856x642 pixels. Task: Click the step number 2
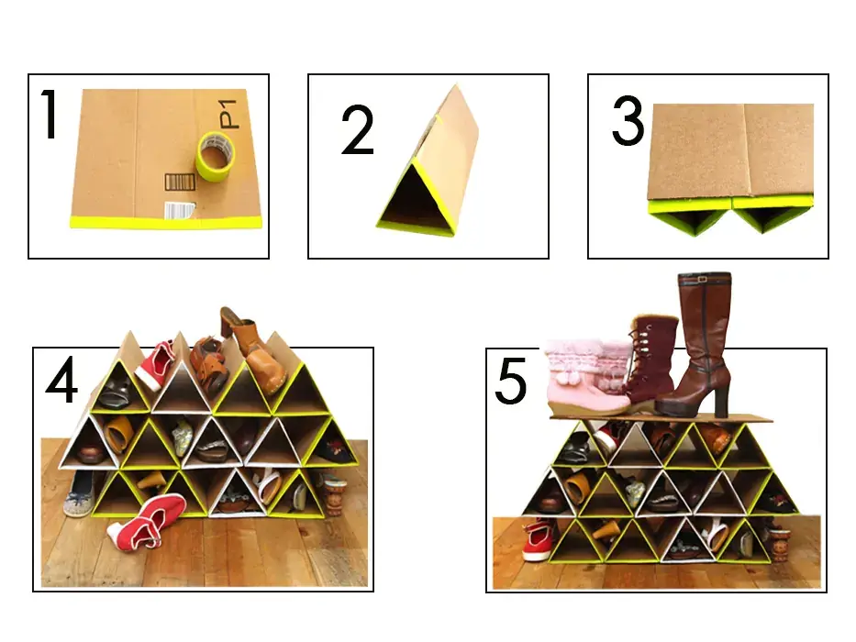pos(358,130)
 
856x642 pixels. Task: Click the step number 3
pos(628,121)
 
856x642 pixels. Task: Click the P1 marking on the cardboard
pos(228,114)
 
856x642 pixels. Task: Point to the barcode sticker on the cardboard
pos(180,210)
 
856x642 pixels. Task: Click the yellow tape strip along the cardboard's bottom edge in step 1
pos(165,222)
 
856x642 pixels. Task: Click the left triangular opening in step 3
pos(690,218)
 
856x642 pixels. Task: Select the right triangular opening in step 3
pos(773,218)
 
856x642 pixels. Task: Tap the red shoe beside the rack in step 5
pos(537,540)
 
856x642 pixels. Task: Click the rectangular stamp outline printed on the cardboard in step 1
pos(180,183)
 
